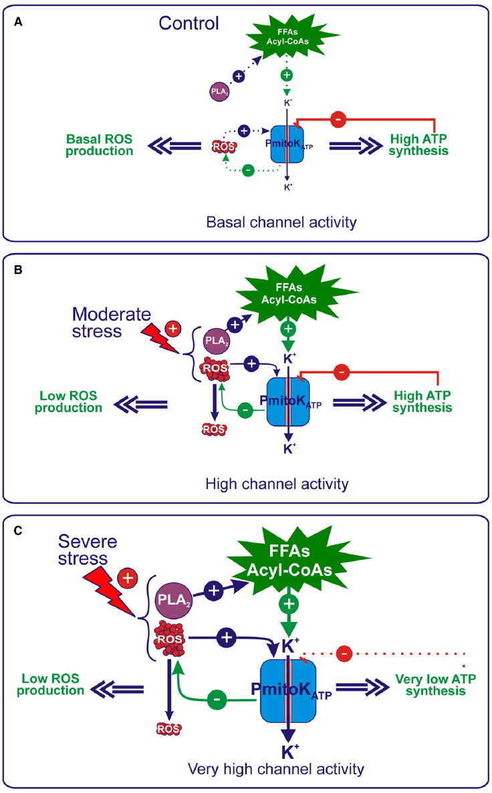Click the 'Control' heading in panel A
[x=189, y=24]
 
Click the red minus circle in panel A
[x=338, y=120]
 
